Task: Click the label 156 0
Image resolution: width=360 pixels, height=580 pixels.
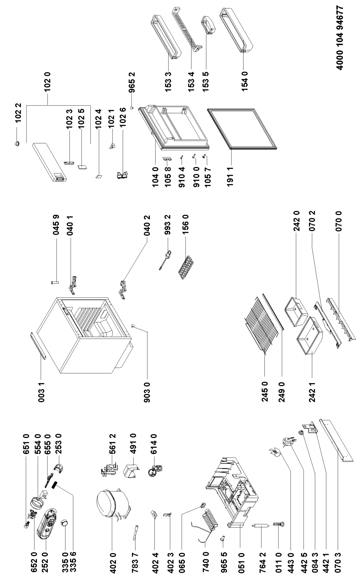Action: click(186, 227)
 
